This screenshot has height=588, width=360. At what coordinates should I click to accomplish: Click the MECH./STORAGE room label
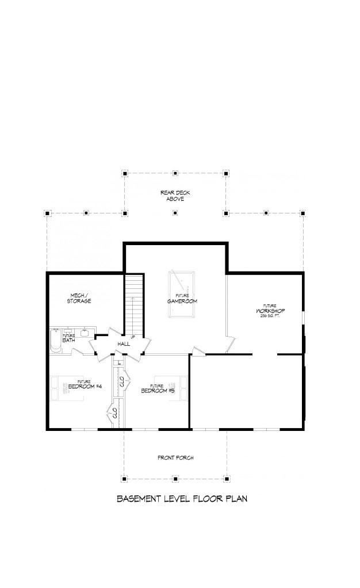pos(78,298)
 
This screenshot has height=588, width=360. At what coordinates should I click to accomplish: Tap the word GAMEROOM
pos(179,301)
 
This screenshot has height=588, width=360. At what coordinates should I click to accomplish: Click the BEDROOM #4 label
pos(85,386)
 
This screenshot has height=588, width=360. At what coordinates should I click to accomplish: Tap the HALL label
pos(124,343)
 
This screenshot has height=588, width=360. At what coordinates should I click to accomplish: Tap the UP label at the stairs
pos(133,337)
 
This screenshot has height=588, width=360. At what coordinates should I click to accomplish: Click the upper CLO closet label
pos(121,381)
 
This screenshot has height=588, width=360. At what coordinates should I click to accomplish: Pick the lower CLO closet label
pos(114,413)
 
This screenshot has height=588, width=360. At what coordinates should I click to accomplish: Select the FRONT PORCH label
pos(175,458)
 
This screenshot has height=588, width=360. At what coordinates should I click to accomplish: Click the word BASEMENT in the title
pos(138,498)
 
